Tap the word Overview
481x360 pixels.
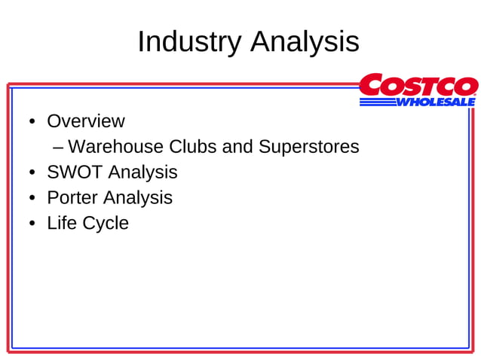(85, 121)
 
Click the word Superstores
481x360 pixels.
(308, 146)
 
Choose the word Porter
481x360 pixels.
(72, 198)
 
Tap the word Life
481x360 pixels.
(60, 224)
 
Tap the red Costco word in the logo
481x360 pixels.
(418, 85)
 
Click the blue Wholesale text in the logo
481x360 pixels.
(436, 102)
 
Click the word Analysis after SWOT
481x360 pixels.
(142, 172)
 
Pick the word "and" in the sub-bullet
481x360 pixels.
(237, 146)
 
